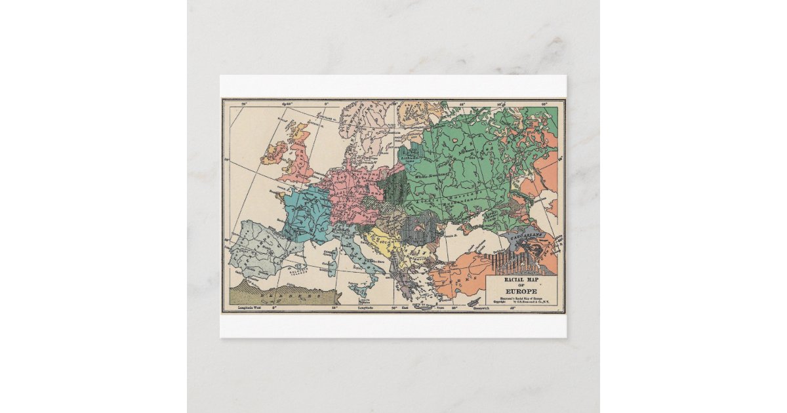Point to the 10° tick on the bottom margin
334,307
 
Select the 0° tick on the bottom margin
275,307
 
